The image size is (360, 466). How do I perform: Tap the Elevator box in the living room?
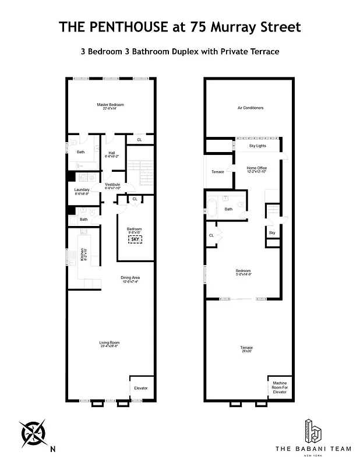[x=141, y=388]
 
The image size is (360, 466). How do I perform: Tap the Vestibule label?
[x=112, y=185]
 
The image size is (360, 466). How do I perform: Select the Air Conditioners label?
[x=250, y=108]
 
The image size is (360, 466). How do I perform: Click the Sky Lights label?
[x=257, y=146]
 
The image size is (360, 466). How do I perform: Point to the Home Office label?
[x=256, y=169]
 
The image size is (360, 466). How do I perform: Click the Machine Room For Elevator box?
[x=280, y=387]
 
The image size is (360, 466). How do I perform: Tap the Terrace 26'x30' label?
[x=246, y=349]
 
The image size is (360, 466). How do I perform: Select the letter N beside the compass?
[x=52, y=449]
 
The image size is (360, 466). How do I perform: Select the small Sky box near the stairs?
[x=271, y=233]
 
